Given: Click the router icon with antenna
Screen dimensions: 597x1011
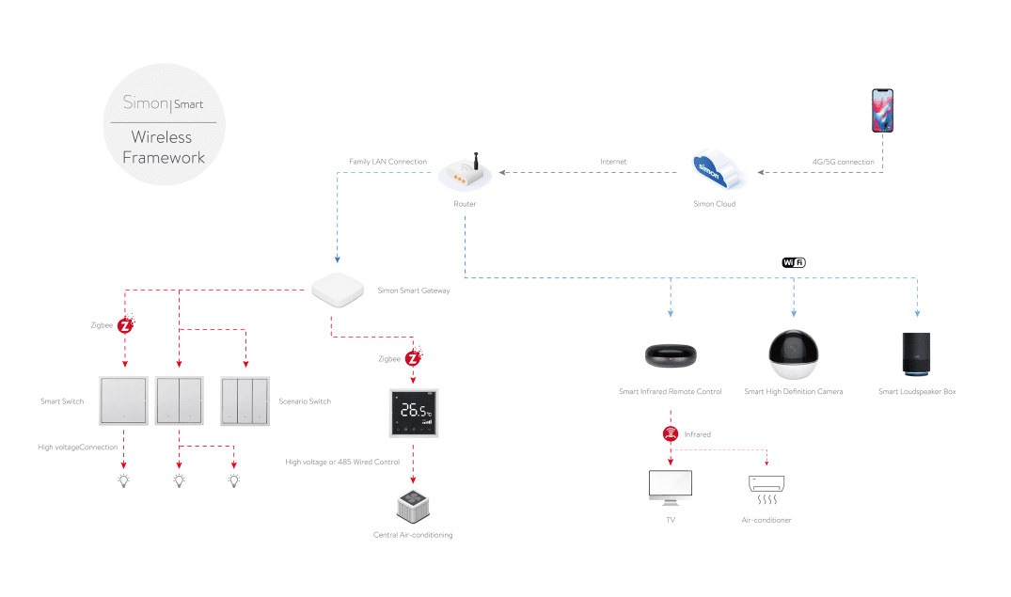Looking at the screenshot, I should pos(465,172).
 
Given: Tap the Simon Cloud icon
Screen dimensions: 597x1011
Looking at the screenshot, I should pos(715,172).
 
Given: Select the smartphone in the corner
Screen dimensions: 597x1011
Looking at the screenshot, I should pos(882,111).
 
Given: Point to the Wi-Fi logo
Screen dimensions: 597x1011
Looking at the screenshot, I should pos(794,262).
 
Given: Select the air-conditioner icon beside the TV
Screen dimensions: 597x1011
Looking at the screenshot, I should pos(766,485).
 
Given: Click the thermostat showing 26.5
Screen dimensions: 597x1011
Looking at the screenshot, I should pos(415,413).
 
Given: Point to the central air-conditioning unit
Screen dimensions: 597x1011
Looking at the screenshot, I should pos(413,508).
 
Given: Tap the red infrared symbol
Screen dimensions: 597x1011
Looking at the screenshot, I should pos(670,434).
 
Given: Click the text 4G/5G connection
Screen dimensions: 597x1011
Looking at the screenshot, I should pos(843,162).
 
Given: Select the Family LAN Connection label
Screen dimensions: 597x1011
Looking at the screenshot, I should pos(387,162).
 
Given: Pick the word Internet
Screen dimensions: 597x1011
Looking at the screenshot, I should pos(613,162).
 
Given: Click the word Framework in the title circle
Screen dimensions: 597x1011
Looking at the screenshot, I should pos(164,158).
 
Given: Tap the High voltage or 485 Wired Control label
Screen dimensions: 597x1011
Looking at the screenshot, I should pos(342,462).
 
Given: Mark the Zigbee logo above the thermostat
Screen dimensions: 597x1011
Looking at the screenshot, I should pos(414,358).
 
